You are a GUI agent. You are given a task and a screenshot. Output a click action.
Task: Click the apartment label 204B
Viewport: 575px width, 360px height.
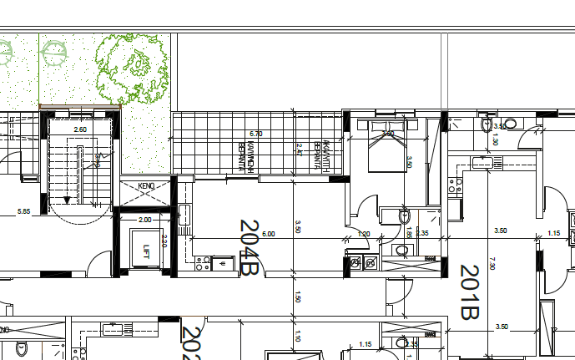click(x=250, y=247)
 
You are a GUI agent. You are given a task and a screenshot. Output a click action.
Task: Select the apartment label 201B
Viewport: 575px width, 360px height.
click(x=469, y=292)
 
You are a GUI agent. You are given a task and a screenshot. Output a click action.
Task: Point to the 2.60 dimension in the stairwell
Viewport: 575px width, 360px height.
click(x=80, y=129)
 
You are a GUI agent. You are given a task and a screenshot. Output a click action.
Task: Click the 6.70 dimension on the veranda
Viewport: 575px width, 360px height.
click(x=256, y=134)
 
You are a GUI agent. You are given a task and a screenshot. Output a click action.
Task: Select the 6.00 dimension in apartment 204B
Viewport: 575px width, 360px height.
click(x=269, y=234)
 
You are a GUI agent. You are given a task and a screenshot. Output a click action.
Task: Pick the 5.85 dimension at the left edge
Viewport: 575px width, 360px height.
click(x=23, y=211)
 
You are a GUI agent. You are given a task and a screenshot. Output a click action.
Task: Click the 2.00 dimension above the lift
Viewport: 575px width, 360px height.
click(x=144, y=220)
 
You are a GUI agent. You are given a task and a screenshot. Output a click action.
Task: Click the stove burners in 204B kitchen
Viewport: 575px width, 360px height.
click(x=203, y=263)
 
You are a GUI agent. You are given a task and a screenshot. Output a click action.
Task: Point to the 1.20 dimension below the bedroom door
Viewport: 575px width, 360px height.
click(x=364, y=234)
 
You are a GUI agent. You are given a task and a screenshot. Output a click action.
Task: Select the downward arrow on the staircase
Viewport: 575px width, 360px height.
click(x=67, y=200)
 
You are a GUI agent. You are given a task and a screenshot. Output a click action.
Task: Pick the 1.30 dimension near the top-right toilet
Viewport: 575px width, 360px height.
click(x=495, y=140)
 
